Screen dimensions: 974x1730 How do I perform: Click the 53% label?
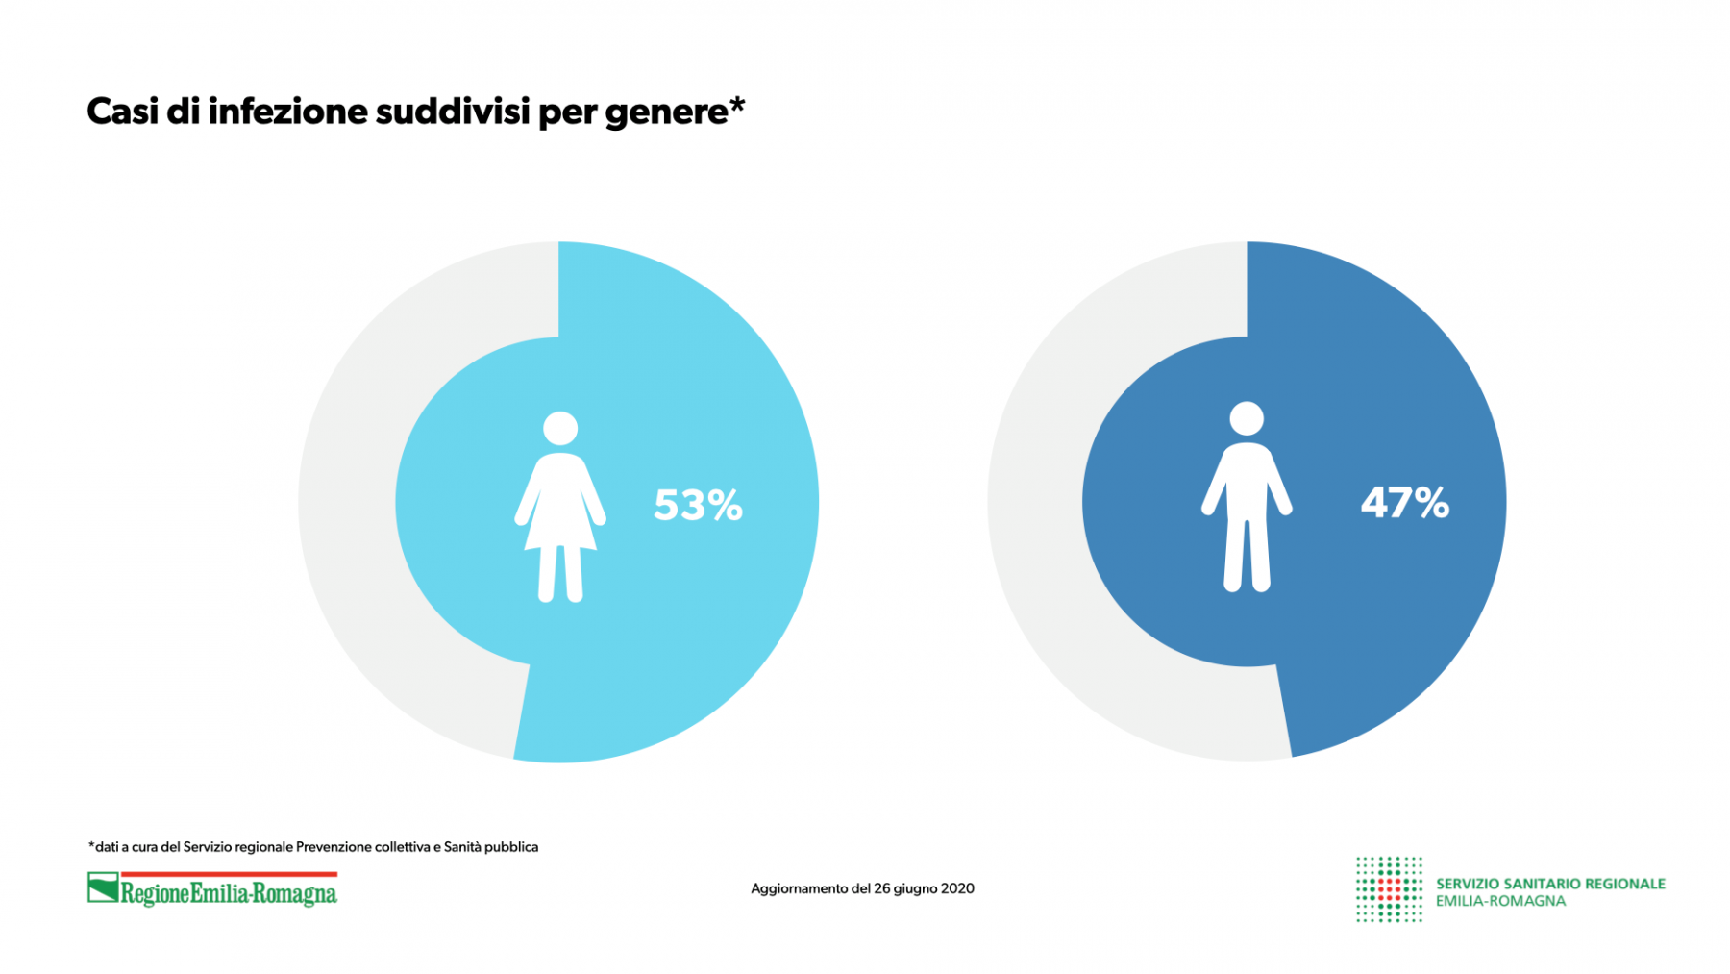(698, 505)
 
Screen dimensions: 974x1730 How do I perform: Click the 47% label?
(1404, 502)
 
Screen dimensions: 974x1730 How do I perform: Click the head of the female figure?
(560, 429)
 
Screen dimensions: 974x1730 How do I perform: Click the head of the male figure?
(1247, 419)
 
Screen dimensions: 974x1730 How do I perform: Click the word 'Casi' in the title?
(122, 112)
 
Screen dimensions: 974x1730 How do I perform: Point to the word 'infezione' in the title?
(287, 112)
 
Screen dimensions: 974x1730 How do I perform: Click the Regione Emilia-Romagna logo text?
(229, 894)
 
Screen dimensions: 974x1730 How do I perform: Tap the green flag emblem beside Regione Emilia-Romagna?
(103, 887)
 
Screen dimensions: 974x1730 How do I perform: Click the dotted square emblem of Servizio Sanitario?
(1389, 889)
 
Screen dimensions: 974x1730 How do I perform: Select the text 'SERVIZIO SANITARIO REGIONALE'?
(1550, 884)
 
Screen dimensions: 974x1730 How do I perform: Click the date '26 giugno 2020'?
(924, 888)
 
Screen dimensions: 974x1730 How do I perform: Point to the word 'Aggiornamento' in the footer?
(800, 888)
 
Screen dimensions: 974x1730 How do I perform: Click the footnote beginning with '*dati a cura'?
(313, 847)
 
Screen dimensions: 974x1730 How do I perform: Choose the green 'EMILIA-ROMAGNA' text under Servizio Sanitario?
(1500, 902)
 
